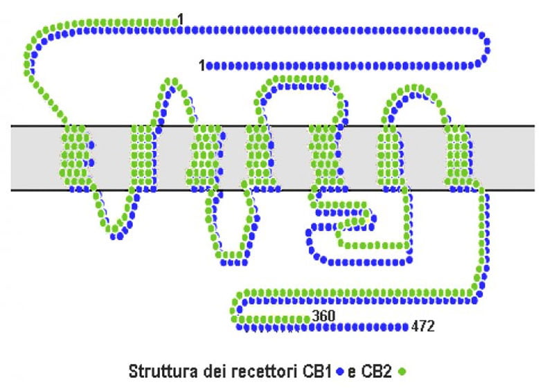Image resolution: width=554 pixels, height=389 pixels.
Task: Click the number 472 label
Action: pos(422,326)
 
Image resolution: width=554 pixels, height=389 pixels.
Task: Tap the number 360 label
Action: pos(323,316)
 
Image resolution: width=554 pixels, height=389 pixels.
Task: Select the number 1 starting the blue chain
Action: pos(202,66)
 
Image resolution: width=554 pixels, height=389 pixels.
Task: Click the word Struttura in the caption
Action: pos(157,372)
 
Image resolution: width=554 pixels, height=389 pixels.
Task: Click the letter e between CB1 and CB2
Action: pos(352,372)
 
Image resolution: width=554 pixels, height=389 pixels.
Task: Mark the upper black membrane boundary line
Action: pos(277,125)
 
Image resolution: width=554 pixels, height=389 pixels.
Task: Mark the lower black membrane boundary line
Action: pos(277,190)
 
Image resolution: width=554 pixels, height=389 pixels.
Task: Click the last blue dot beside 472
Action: pos(406,325)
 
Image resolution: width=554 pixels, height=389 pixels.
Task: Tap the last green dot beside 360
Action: pos(307,317)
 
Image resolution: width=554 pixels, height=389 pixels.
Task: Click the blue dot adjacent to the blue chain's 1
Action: pos(210,66)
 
